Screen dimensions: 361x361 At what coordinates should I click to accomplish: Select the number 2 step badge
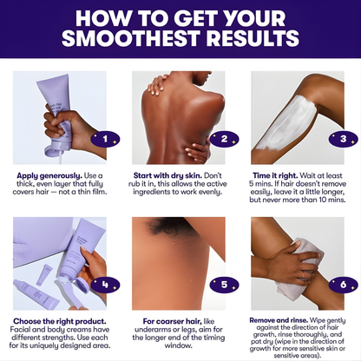tap(224, 137)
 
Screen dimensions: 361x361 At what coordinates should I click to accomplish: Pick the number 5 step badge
tap(224, 283)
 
